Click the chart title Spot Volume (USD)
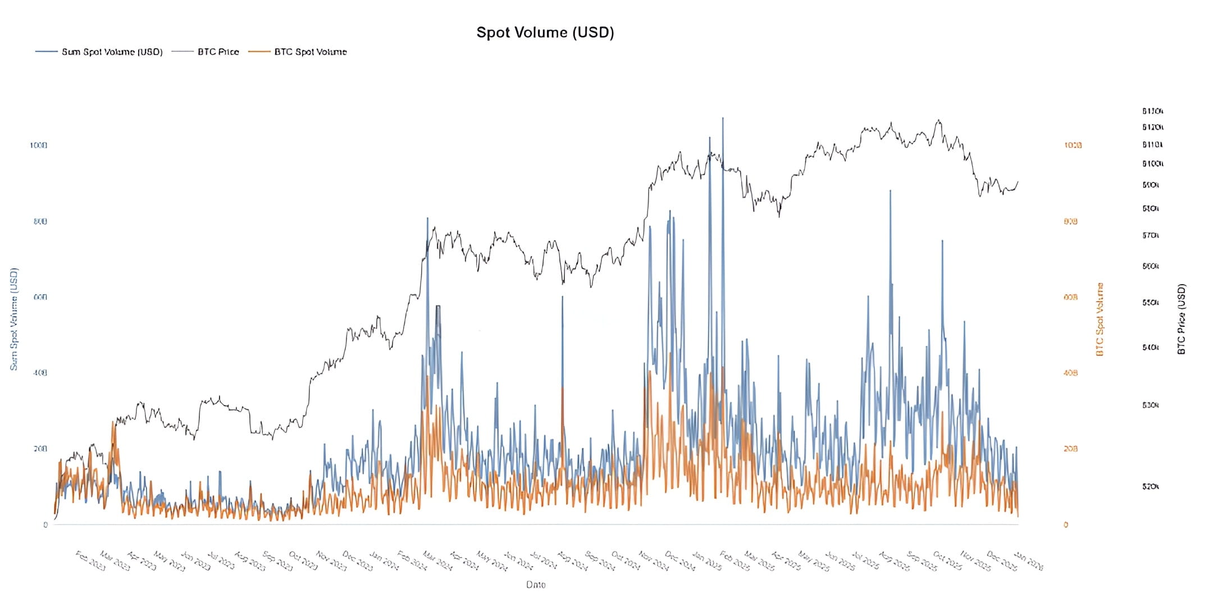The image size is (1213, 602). (545, 33)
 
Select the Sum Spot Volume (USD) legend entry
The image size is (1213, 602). (112, 52)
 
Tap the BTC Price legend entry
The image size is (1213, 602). (218, 52)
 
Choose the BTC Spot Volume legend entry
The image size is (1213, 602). (310, 52)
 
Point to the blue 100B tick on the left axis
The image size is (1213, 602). (38, 145)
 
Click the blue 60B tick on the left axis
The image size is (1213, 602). (40, 297)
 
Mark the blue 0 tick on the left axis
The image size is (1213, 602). (45, 525)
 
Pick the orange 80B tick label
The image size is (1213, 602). (1070, 221)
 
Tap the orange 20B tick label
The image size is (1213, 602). (1070, 449)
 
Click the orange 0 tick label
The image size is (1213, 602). (1066, 525)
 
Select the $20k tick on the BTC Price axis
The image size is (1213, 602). (1150, 486)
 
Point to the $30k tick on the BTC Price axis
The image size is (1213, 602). (1150, 405)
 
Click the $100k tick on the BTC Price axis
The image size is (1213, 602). (1152, 164)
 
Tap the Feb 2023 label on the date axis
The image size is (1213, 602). (90, 561)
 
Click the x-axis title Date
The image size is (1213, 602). (536, 585)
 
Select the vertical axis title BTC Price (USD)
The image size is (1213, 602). (1182, 318)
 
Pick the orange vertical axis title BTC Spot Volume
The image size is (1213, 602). (1100, 319)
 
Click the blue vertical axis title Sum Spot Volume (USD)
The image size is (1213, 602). (14, 319)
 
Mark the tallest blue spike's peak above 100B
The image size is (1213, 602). (723, 118)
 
